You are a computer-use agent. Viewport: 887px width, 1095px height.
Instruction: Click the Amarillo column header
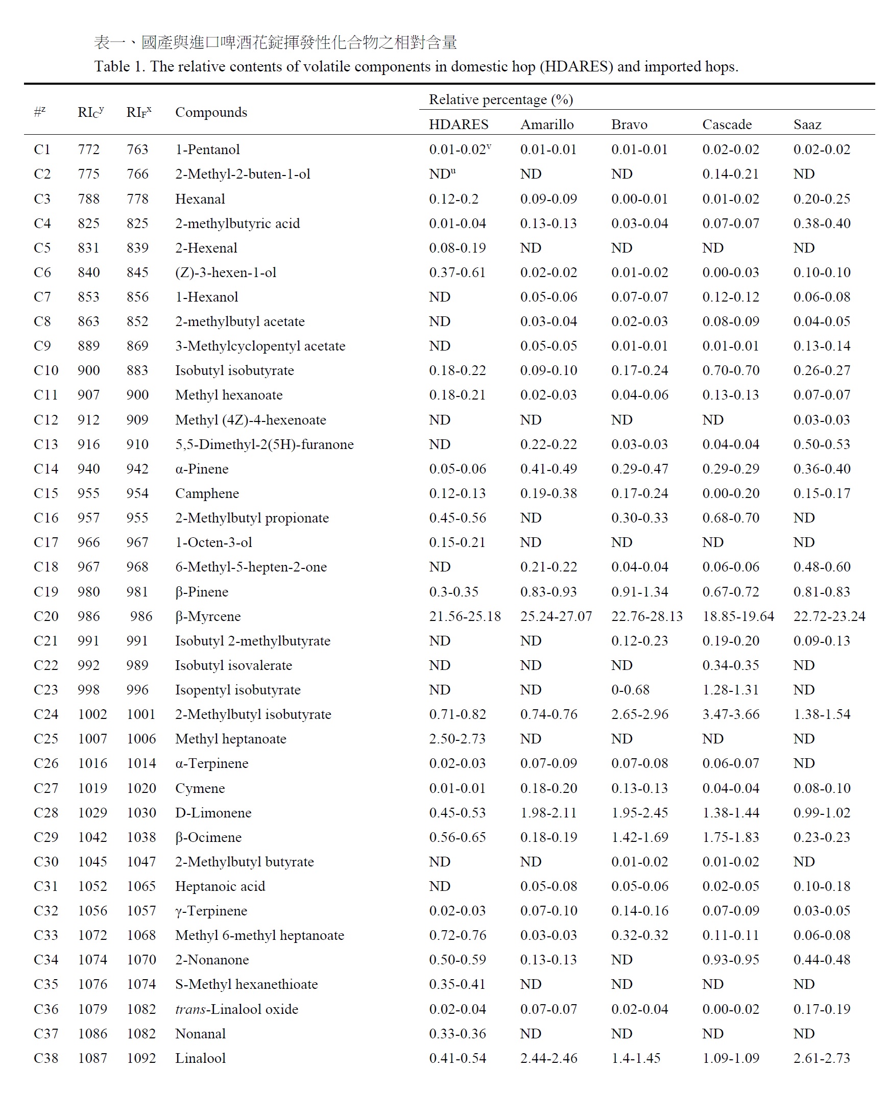547,125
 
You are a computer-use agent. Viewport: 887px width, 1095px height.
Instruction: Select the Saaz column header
807,125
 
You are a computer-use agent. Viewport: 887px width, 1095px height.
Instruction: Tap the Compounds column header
211,112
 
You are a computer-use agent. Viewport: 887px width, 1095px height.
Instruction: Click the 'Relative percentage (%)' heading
501,99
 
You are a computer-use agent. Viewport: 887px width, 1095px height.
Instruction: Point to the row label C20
46,616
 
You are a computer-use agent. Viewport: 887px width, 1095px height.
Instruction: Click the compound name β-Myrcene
208,616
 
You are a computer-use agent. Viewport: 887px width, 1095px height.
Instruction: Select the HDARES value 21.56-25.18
465,616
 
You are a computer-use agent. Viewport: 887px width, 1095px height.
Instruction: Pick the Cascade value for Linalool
731,1058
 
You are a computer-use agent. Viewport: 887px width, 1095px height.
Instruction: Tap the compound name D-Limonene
213,812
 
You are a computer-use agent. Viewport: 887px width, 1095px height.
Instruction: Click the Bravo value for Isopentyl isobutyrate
630,690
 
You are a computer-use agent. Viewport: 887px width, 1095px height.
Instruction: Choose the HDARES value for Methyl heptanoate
458,739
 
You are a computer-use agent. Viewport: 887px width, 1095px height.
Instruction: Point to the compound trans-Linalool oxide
236,1009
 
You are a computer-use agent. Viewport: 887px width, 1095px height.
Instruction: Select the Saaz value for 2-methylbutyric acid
822,223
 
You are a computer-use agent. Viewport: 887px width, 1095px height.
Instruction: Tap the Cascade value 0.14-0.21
731,174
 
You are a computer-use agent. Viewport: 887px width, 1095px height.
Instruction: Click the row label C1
42,150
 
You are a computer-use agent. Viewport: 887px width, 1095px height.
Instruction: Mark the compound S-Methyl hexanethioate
246,984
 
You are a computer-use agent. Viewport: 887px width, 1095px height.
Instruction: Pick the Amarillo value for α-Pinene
548,468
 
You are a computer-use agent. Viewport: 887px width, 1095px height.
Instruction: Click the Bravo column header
629,125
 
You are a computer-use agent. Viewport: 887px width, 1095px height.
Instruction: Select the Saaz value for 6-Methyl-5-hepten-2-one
822,567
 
